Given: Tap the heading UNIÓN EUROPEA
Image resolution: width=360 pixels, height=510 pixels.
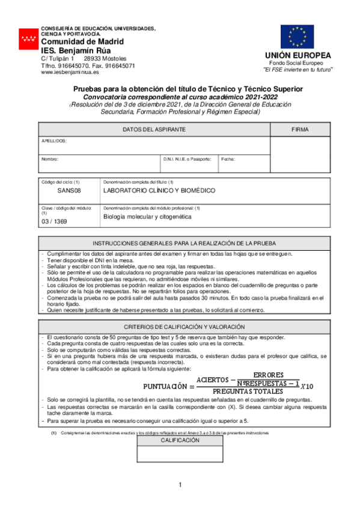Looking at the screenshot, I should coord(298,56).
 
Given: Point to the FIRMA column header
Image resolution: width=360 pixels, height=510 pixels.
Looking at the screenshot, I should coord(300,130).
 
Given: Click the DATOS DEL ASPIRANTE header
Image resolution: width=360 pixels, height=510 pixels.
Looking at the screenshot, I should coord(154,130).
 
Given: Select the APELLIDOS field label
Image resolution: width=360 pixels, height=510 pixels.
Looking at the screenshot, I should coord(53,141).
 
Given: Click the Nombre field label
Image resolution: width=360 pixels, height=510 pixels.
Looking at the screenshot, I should coord(49,159).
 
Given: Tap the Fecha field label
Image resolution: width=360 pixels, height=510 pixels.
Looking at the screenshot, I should coord(228,159).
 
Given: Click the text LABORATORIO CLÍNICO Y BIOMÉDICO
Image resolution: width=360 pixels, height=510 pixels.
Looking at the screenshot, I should coord(159,191).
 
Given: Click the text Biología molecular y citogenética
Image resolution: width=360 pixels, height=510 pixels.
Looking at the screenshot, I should coord(147,216).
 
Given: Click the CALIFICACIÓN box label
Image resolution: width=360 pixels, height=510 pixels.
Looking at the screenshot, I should coord(179,441).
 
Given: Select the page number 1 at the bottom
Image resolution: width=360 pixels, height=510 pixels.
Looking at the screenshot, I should coord(180,485).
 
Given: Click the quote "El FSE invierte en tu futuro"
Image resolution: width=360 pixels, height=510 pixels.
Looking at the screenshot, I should coord(298,70).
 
